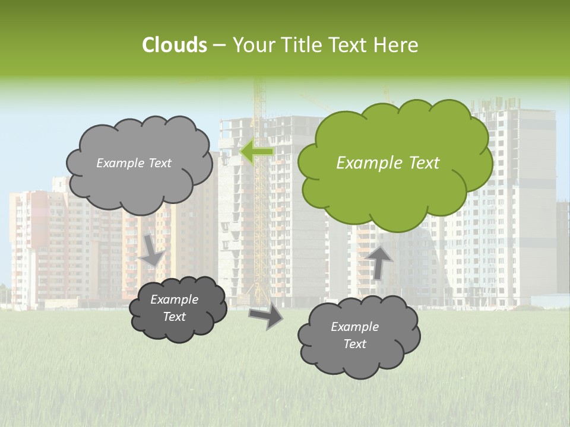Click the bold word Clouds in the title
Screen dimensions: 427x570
tap(174, 45)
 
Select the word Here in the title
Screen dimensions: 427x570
tap(398, 45)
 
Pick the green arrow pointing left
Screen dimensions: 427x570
tap(256, 152)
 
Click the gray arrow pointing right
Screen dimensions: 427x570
tap(265, 316)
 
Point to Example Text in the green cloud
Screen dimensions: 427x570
tap(388, 163)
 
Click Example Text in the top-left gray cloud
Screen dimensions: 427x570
tap(134, 163)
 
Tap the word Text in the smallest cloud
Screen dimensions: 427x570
tap(175, 317)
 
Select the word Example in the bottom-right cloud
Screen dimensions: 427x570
tap(354, 327)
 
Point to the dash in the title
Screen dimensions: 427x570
tap(218, 45)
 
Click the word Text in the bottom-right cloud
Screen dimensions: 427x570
tap(354, 344)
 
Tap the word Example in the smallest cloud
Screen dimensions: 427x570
tap(174, 299)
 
